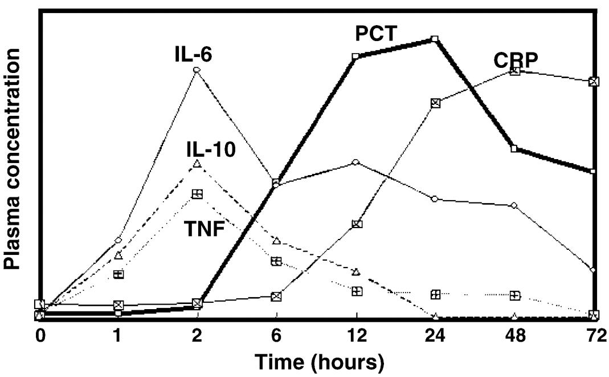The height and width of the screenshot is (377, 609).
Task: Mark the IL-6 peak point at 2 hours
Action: point(197,70)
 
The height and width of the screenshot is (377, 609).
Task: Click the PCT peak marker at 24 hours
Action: point(435,39)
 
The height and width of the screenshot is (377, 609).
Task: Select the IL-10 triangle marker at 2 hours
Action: point(197,164)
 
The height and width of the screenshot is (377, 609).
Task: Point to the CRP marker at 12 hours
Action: point(357,224)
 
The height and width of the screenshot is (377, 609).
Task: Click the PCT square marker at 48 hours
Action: point(514,148)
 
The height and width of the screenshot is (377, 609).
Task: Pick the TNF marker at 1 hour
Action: point(118,274)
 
